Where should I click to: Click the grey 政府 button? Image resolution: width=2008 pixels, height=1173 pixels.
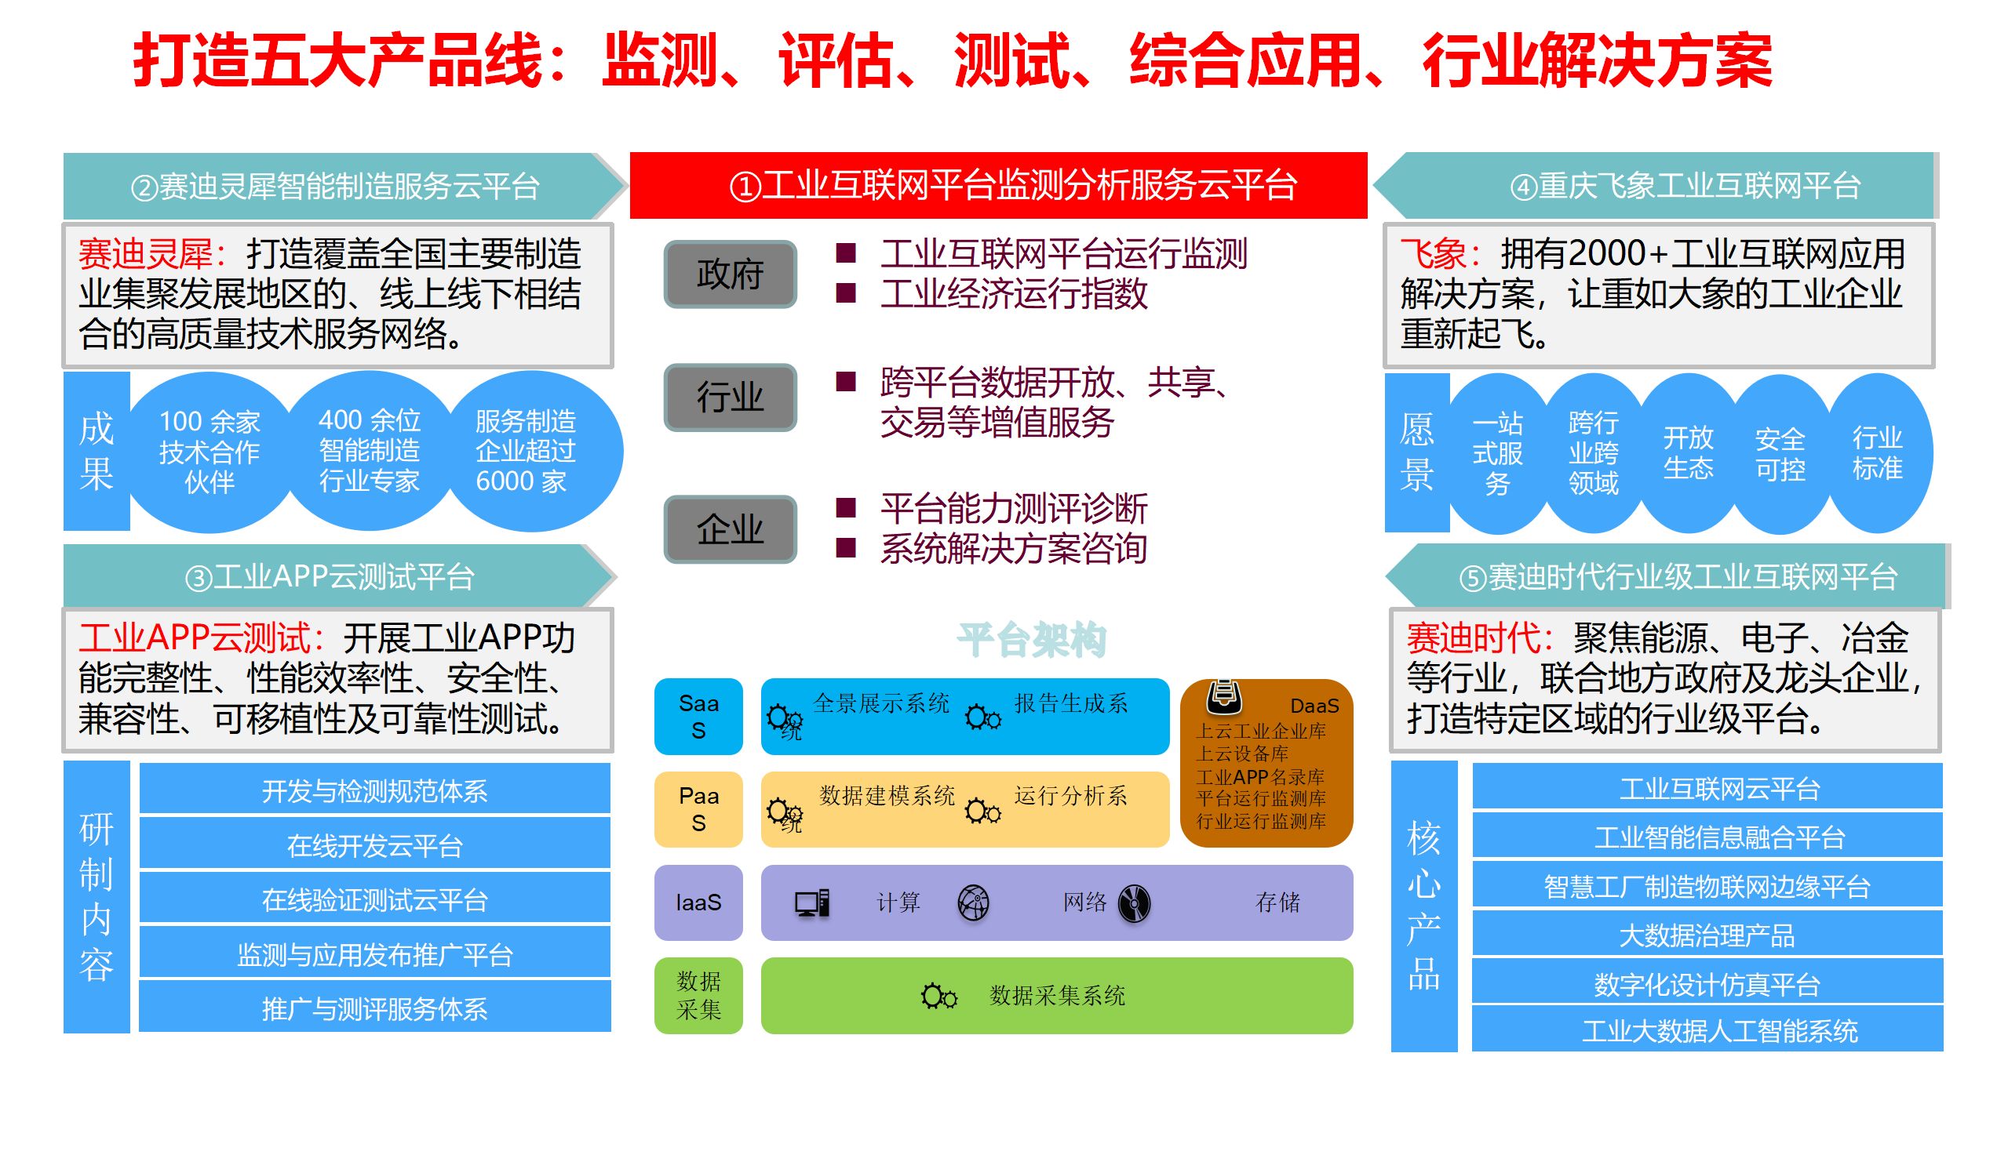pyautogui.click(x=730, y=274)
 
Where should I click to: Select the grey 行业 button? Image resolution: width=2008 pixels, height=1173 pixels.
pyautogui.click(x=730, y=398)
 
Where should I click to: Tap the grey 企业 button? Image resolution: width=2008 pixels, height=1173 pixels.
pyautogui.click(x=730, y=528)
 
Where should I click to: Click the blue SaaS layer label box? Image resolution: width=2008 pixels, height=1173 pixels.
pyautogui.click(x=698, y=716)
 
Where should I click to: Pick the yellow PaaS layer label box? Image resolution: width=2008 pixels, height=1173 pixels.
pyautogui.click(x=698, y=808)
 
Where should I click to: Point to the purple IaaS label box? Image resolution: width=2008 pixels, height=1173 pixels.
pyautogui.click(x=698, y=902)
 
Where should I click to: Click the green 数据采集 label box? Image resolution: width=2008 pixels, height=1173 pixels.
pyautogui.click(x=698, y=996)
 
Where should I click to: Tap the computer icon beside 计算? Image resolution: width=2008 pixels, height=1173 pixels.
pyautogui.click(x=812, y=903)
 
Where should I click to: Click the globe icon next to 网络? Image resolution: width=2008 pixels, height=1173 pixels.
pyautogui.click(x=973, y=903)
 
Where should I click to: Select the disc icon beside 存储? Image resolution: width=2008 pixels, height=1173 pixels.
pyautogui.click(x=1134, y=903)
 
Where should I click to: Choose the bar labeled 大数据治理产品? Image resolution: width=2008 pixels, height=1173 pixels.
pyautogui.click(x=1707, y=935)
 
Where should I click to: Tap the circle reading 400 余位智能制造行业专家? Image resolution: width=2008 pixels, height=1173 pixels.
pyautogui.click(x=369, y=451)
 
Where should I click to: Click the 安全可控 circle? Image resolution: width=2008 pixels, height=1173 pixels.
pyautogui.click(x=1780, y=454)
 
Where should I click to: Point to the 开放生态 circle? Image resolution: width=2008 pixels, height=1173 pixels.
pyautogui.click(x=1688, y=452)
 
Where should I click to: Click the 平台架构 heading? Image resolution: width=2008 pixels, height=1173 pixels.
pyautogui.click(x=1031, y=640)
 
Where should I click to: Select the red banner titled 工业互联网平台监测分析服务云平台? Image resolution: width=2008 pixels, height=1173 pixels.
pyautogui.click(x=998, y=186)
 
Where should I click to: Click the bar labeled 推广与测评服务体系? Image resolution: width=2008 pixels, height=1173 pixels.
pyautogui.click(x=374, y=1008)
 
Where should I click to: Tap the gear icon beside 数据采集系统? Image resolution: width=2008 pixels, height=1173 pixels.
pyautogui.click(x=938, y=997)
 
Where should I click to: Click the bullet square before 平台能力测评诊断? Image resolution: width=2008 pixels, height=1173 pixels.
pyautogui.click(x=845, y=508)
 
